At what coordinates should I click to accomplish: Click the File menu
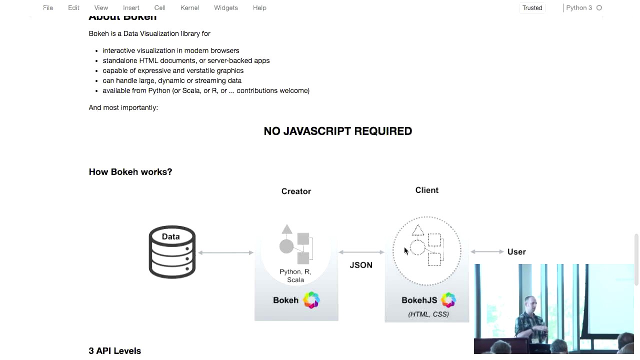pyautogui.click(x=48, y=8)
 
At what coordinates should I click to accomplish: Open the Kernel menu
pyautogui.click(x=189, y=8)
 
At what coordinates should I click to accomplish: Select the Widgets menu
pyautogui.click(x=225, y=8)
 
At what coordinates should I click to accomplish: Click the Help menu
pyautogui.click(x=259, y=8)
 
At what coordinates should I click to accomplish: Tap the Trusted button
pyautogui.click(x=532, y=8)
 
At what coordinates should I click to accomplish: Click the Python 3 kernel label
pyautogui.click(x=578, y=8)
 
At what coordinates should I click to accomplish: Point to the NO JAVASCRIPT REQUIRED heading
pyautogui.click(x=337, y=131)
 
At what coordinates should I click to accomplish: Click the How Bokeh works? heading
pyautogui.click(x=130, y=172)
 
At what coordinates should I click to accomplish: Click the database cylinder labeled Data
pyautogui.click(x=171, y=252)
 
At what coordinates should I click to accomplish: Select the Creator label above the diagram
pyautogui.click(x=296, y=191)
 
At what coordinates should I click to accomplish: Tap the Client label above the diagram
pyautogui.click(x=426, y=190)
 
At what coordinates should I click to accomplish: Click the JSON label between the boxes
pyautogui.click(x=361, y=265)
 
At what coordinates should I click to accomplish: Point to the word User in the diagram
pyautogui.click(x=516, y=252)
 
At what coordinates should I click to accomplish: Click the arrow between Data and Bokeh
pyautogui.click(x=225, y=252)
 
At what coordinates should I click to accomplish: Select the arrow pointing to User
pyautogui.click(x=486, y=251)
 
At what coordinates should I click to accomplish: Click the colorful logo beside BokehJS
pyautogui.click(x=448, y=300)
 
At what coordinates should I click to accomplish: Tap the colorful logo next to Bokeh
pyautogui.click(x=311, y=300)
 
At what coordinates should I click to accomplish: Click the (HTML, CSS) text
pyautogui.click(x=428, y=314)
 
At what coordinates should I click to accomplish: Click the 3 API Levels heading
pyautogui.click(x=114, y=351)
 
